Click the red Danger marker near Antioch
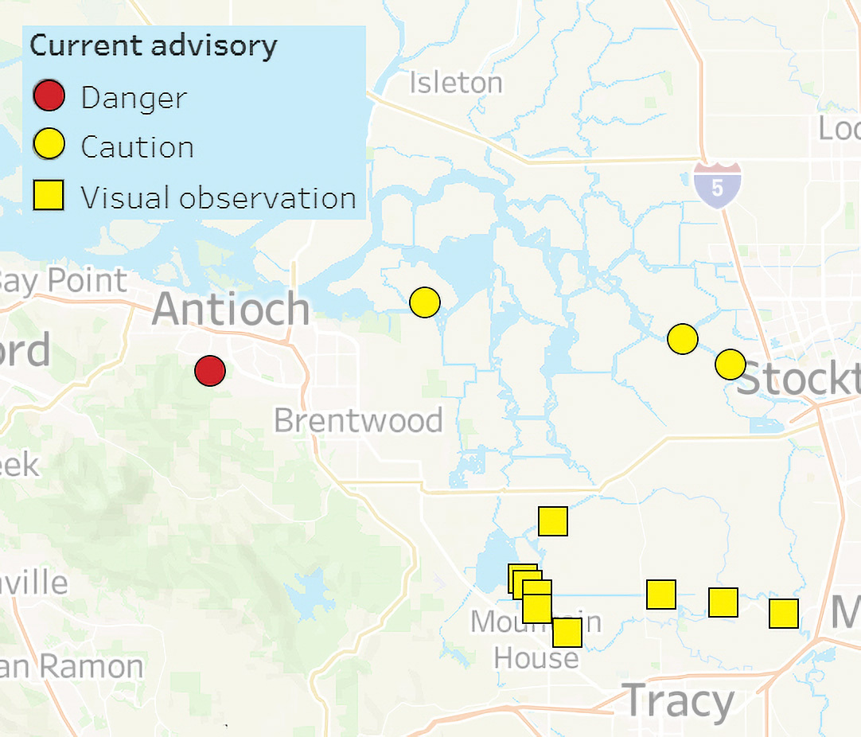[x=210, y=371]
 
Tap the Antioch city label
[x=231, y=309]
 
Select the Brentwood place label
[x=358, y=420]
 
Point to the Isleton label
[x=456, y=83]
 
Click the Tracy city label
[x=678, y=701]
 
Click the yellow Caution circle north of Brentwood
[x=425, y=302]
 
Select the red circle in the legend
[x=49, y=97]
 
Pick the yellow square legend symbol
[x=49, y=196]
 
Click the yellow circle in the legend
[x=49, y=146]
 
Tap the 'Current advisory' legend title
[x=154, y=45]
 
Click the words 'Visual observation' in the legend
[x=218, y=197]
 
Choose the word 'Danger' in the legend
[x=134, y=98]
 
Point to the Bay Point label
[x=63, y=281]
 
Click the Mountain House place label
[x=536, y=640]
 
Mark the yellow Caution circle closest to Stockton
[x=730, y=364]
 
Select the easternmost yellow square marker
[x=784, y=614]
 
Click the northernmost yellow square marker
[x=553, y=521]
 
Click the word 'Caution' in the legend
[x=137, y=147]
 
